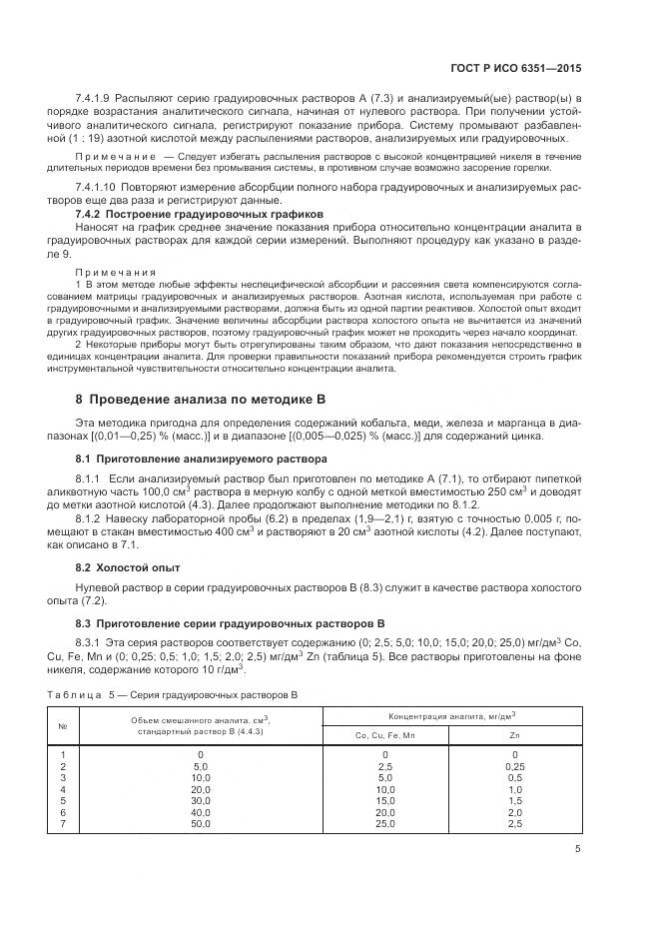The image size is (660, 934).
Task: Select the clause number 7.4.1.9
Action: pos(92,101)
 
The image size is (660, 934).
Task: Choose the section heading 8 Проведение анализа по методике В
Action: pos(201,400)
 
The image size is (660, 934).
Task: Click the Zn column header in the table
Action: pos(514,735)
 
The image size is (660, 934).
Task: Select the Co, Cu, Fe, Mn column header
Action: pos(384,735)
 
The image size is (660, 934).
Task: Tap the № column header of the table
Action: pos(62,726)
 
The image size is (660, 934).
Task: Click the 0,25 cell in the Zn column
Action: pos(514,765)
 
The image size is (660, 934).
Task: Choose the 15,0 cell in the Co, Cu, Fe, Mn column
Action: pos(384,800)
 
